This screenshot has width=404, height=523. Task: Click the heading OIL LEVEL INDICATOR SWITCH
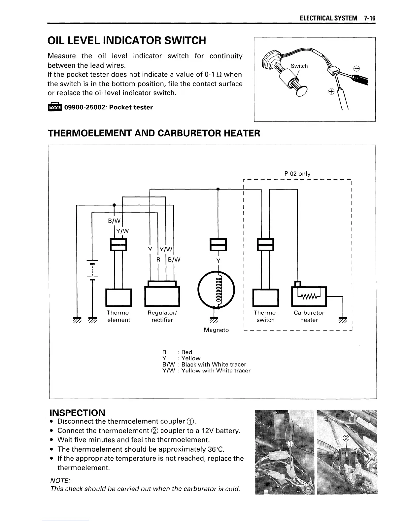[x=127, y=41]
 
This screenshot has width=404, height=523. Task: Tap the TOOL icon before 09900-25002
[x=54, y=107]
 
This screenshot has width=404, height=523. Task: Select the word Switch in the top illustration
[x=299, y=66]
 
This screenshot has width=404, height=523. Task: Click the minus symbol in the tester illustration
[x=356, y=69]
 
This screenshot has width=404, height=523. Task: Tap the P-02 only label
[x=297, y=174]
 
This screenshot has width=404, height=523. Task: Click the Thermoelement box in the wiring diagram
[x=118, y=297]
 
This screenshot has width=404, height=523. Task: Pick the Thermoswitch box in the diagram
[x=265, y=297]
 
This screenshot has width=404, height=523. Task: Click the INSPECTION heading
[x=77, y=413]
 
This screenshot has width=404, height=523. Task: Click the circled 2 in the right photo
[x=346, y=438]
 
